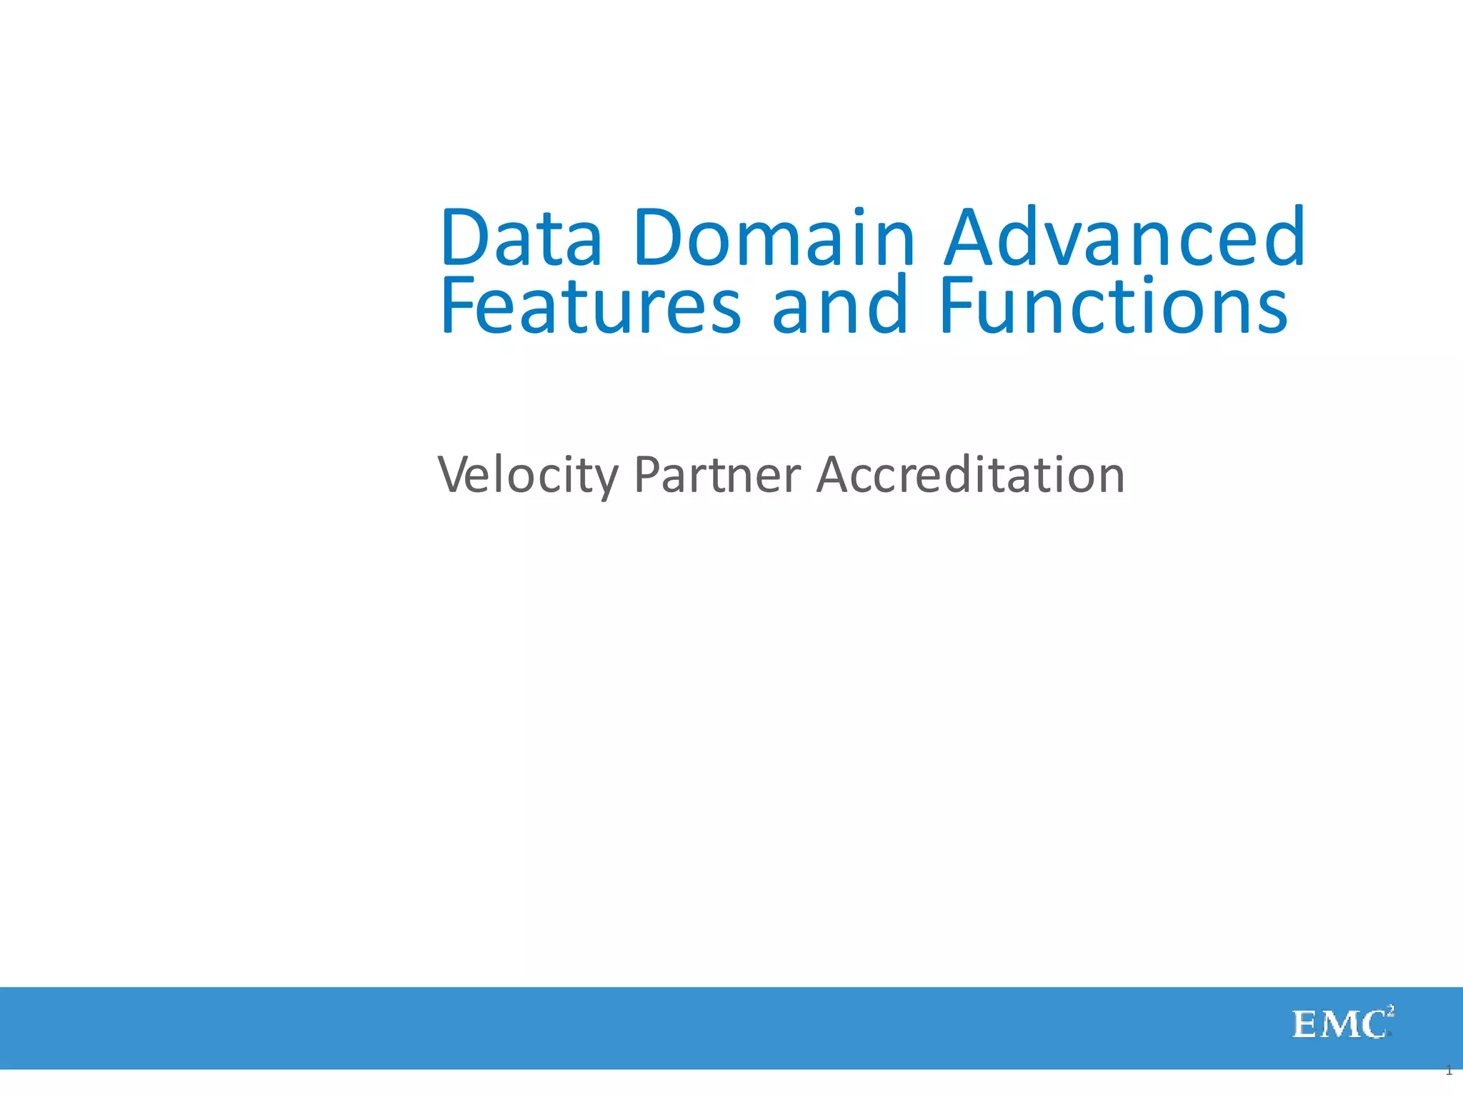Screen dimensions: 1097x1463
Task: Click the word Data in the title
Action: pyautogui.click(x=521, y=238)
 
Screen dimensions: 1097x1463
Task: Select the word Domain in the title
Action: pyautogui.click(x=774, y=238)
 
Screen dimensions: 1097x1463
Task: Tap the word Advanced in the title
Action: pyautogui.click(x=1124, y=238)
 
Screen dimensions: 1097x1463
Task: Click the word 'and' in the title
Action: pyautogui.click(x=839, y=307)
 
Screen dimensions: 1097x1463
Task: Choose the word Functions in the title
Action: pyautogui.click(x=1113, y=307)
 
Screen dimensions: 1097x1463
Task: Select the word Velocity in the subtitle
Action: pyautogui.click(x=527, y=476)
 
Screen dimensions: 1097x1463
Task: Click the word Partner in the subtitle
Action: pyautogui.click(x=717, y=476)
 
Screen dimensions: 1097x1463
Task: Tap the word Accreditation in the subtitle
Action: pyautogui.click(x=970, y=476)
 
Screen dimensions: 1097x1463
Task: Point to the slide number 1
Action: pyautogui.click(x=1449, y=1071)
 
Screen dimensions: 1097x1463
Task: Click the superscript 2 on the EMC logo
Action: pyautogui.click(x=1390, y=1010)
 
